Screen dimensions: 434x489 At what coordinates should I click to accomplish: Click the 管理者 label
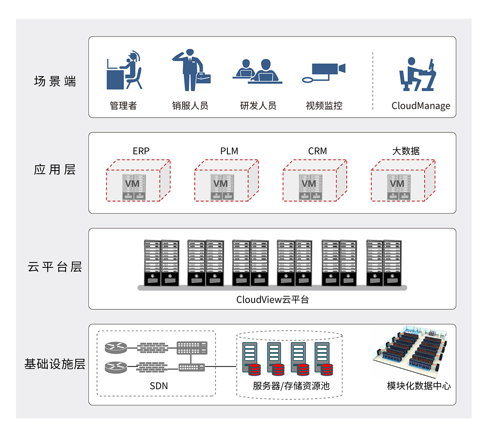pos(123,106)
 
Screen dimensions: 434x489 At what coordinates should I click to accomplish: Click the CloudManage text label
pos(421,106)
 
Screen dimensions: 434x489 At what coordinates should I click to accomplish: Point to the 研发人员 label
pos(258,106)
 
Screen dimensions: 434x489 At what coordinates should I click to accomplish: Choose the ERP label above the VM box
pos(141,151)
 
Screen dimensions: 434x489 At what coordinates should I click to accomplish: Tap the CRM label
pos(317,151)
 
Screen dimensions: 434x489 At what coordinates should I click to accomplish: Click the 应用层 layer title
pos(55,169)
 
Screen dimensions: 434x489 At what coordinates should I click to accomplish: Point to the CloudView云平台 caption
pos(272,300)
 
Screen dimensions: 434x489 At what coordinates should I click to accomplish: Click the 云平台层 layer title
pos(55,267)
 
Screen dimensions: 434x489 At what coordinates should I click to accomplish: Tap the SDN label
pos(159,386)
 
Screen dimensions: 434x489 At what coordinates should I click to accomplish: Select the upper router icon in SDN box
pos(116,347)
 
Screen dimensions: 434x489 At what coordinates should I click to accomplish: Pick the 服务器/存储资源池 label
pos(291,386)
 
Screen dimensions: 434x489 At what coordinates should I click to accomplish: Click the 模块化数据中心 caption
pos(419,386)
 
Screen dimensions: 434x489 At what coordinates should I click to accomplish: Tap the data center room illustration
pos(412,351)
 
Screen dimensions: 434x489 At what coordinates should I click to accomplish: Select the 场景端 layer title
pos(55,81)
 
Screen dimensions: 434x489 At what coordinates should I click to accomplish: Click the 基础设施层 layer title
pos(55,364)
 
